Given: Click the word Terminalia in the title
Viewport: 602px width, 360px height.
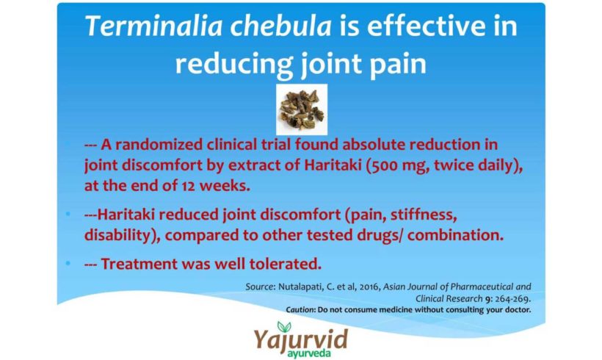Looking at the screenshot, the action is click(154, 26).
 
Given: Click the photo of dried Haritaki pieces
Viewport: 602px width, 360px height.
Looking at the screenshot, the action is click(302, 109).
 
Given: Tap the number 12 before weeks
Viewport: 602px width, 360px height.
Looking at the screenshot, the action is click(188, 186).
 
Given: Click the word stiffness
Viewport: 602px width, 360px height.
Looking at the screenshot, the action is click(424, 215).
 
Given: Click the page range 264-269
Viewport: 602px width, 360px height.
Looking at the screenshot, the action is click(513, 298).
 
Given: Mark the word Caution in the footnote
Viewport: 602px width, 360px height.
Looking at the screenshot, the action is click(300, 309).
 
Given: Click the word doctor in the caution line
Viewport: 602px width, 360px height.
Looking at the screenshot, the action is click(518, 309).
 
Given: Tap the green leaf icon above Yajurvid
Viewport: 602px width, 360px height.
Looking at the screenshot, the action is click(284, 327).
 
